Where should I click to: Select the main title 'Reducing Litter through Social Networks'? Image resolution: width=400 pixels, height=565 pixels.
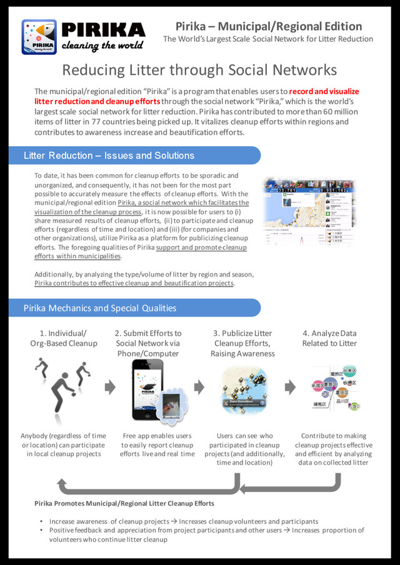[x=200, y=70]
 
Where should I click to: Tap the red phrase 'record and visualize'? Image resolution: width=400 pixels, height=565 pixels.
[x=324, y=91]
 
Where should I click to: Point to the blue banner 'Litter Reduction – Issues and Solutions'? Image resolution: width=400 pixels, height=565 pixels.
[x=109, y=155]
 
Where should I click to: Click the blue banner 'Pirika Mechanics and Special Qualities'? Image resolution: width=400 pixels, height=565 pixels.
[x=100, y=308]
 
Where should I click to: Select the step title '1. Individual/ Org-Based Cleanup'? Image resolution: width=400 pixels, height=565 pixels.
[x=64, y=338]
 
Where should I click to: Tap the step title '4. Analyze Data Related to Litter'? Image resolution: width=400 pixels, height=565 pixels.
[x=329, y=338]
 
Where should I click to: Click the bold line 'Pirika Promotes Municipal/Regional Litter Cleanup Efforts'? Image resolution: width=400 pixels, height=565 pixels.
[x=124, y=503]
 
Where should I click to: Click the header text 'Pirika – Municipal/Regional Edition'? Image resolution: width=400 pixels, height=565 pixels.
[x=268, y=26]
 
